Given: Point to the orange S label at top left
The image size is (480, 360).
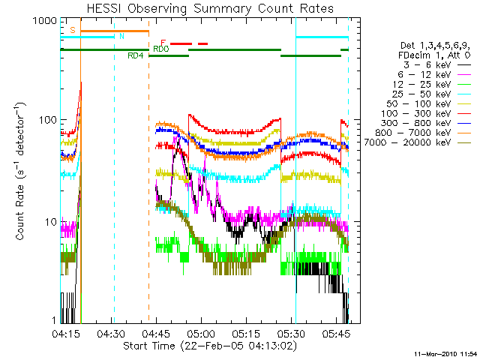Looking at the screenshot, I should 72,30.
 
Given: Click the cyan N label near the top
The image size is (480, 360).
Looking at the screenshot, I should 122,36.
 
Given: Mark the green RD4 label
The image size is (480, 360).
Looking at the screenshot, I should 136,55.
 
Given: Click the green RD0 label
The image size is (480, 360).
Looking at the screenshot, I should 160,49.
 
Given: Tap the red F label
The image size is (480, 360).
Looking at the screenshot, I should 163,43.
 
